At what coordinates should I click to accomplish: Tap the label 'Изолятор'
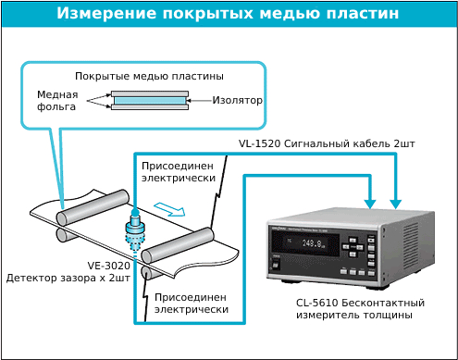point(238,100)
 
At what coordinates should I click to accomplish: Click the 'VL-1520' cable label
point(259,144)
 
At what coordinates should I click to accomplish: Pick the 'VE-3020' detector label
point(47,265)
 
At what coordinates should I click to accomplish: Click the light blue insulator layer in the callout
point(149,100)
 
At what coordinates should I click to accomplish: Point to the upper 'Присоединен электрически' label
point(179,171)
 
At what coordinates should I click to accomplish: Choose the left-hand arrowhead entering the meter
point(370,202)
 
